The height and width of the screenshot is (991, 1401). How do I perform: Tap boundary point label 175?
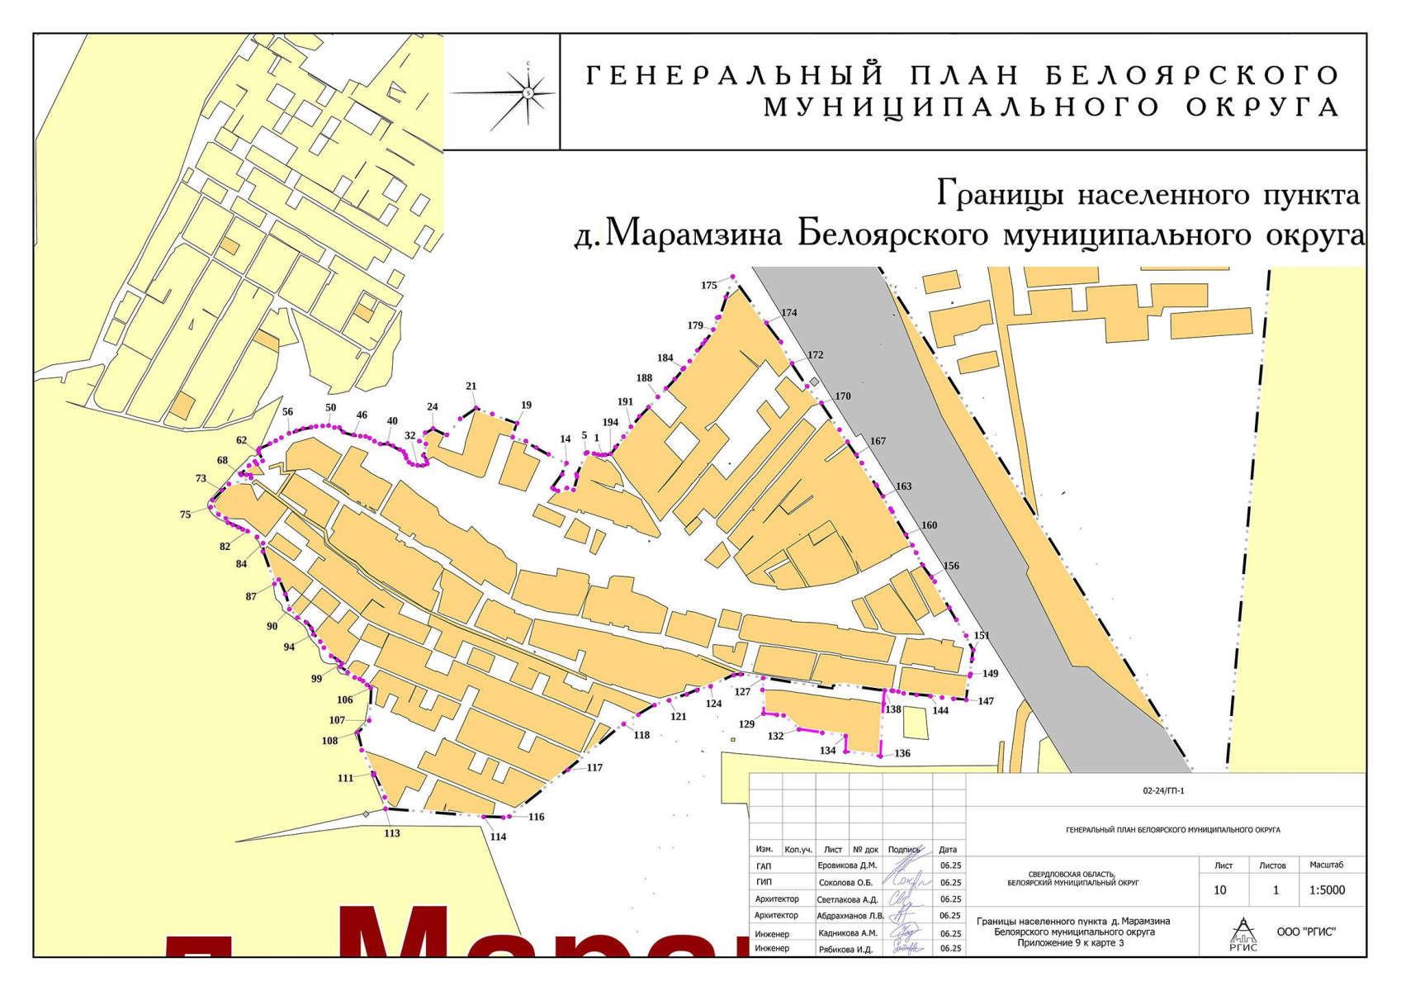709,286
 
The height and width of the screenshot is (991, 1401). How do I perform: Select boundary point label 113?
392,833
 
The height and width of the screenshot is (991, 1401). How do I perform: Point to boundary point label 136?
902,753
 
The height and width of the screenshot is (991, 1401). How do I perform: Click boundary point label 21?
471,386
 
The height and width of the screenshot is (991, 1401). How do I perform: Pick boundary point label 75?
186,514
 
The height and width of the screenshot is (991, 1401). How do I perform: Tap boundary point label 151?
981,635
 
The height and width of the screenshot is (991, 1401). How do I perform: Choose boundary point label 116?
537,817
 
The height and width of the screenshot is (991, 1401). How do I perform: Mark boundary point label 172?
816,355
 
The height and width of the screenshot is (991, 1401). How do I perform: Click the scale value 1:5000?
1327,890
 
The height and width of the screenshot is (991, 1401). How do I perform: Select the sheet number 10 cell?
1220,890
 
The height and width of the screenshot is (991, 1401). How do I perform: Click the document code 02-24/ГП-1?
1164,791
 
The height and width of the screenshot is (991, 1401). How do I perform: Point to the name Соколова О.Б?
846,883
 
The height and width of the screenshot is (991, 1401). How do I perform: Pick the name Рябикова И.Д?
845,949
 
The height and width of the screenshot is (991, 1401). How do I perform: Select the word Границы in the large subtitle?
1001,195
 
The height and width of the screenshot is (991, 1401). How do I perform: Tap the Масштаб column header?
1326,865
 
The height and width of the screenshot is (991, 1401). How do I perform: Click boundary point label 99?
317,679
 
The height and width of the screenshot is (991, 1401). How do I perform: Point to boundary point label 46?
362,415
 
